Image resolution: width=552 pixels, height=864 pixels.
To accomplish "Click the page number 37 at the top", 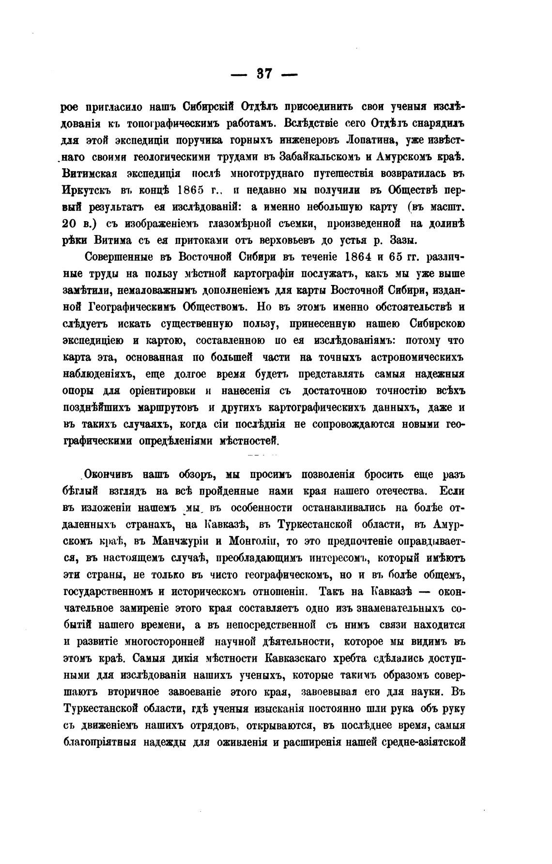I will point(264,74).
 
